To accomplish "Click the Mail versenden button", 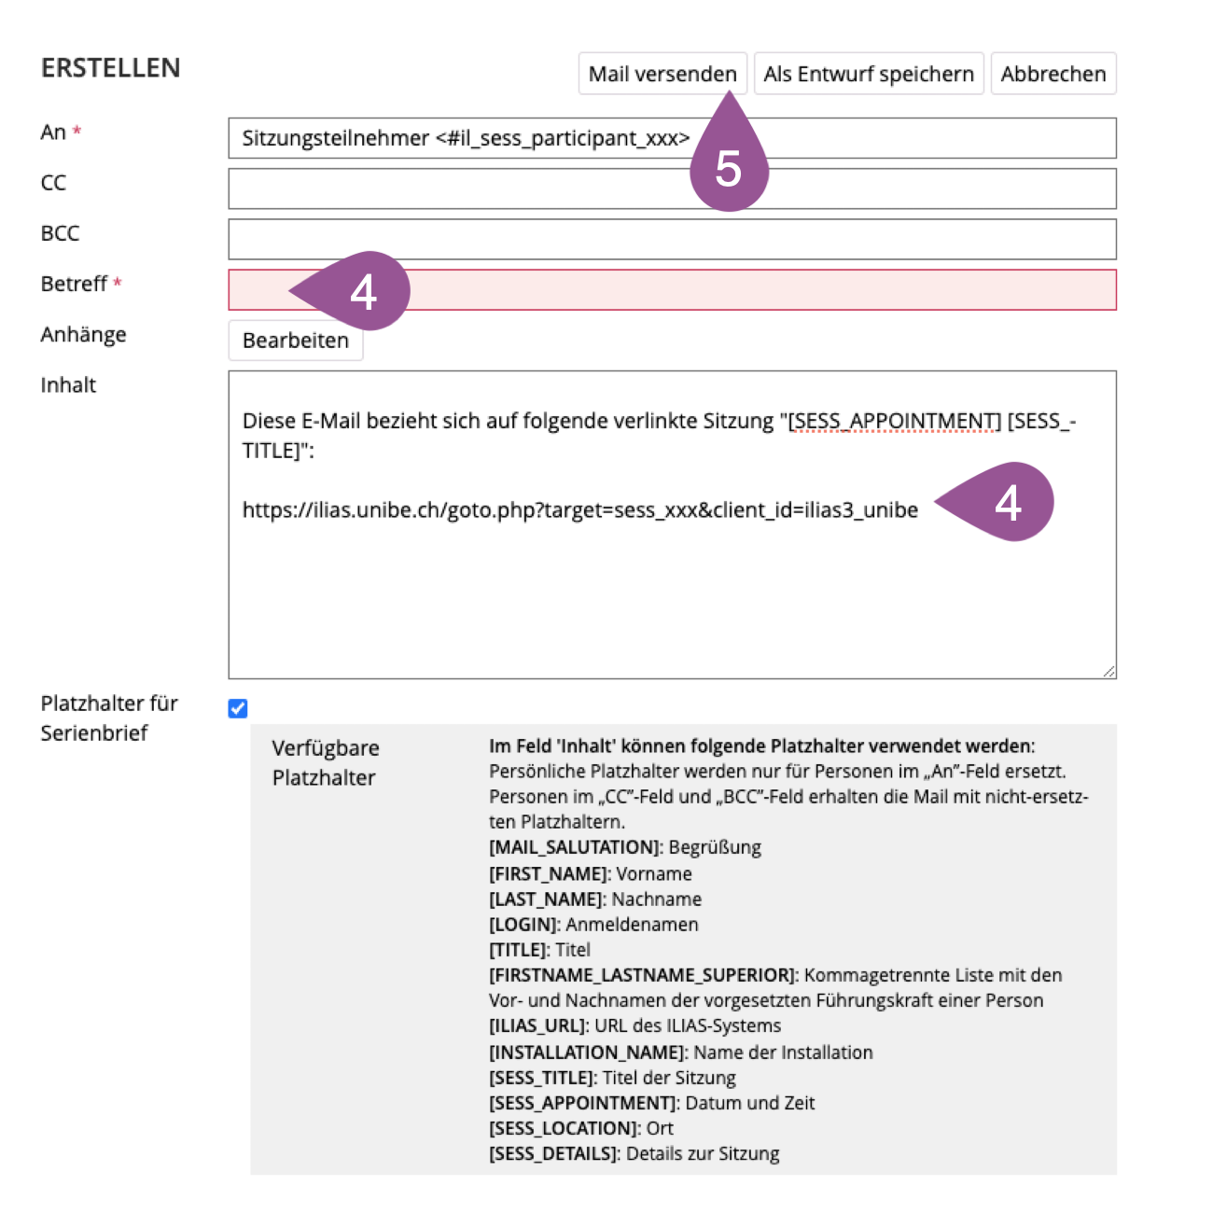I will pyautogui.click(x=662, y=74).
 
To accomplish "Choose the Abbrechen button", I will pyautogui.click(x=1053, y=74).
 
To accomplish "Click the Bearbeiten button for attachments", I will pyautogui.click(x=295, y=341).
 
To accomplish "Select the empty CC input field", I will pyautogui.click(x=672, y=188).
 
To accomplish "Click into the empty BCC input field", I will pyautogui.click(x=672, y=239).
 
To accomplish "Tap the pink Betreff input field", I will pyautogui.click(x=746, y=290).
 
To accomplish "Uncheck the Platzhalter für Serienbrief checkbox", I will pyautogui.click(x=238, y=708).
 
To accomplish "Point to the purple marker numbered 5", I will pyautogui.click(x=729, y=168).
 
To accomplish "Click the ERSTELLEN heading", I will pyautogui.click(x=110, y=68).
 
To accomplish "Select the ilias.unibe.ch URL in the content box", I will pyautogui.click(x=579, y=510).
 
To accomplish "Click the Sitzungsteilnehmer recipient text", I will pyautogui.click(x=465, y=139).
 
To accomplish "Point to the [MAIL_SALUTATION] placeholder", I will pyautogui.click(x=575, y=847).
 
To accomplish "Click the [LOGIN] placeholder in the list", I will pyautogui.click(x=523, y=924).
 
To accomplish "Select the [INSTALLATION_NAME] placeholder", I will pyautogui.click(x=587, y=1052).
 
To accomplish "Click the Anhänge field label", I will pyautogui.click(x=83, y=334).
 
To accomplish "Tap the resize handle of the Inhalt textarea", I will pyautogui.click(x=1108, y=671).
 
